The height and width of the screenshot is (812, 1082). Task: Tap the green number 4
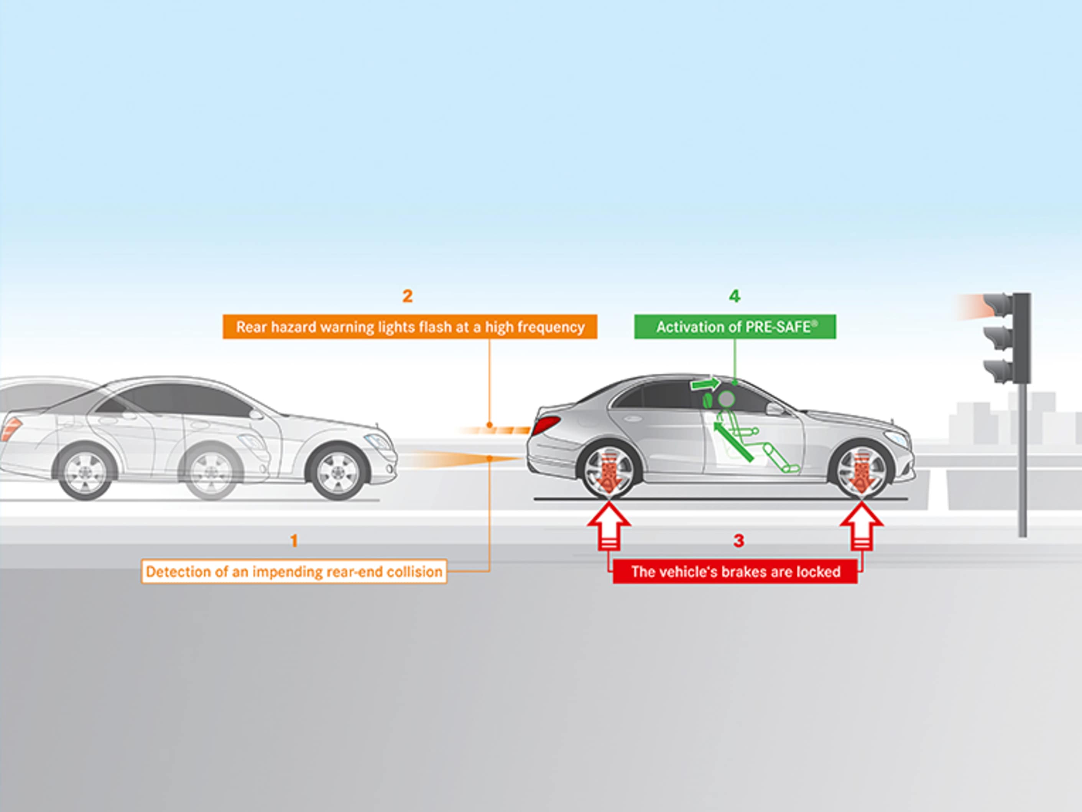(x=734, y=296)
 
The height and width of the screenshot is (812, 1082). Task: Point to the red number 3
(x=738, y=540)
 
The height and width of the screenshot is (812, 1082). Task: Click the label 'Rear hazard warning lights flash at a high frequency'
(x=410, y=326)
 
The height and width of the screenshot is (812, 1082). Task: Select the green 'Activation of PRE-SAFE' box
(x=735, y=326)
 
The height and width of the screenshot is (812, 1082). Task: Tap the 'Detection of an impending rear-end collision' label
(x=294, y=571)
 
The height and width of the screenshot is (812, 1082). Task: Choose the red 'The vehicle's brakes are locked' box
(x=735, y=571)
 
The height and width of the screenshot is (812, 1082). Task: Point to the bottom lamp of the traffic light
(x=998, y=370)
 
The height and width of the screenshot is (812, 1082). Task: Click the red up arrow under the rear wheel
(x=609, y=526)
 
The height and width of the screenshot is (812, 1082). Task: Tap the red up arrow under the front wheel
(x=862, y=526)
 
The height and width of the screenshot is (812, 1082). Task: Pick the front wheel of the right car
(x=862, y=470)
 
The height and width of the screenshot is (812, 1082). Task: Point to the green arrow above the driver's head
(x=705, y=384)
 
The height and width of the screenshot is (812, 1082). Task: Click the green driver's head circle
(x=727, y=399)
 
